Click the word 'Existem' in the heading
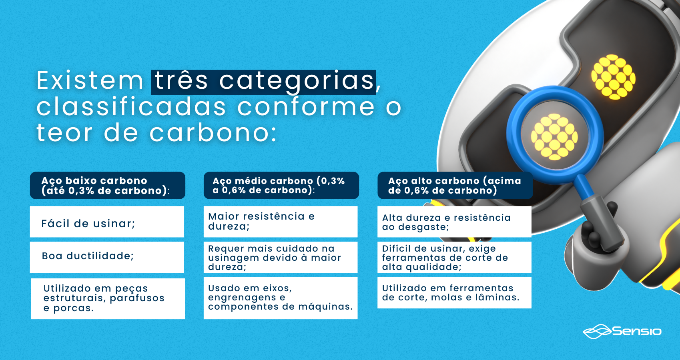tap(90, 81)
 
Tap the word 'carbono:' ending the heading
tap(213, 133)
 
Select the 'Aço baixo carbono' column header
tap(108, 186)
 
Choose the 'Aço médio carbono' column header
tap(281, 186)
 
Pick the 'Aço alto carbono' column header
tap(455, 186)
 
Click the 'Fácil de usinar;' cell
tap(107, 222)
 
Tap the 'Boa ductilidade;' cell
tap(107, 257)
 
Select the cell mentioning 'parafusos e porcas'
tap(108, 299)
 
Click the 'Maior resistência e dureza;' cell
tap(281, 222)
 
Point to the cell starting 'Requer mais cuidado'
tap(281, 257)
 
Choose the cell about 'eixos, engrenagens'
tap(281, 298)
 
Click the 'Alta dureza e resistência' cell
tap(454, 222)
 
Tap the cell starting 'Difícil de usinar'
tap(454, 257)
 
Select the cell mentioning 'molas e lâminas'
tap(454, 293)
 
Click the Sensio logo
tap(622, 331)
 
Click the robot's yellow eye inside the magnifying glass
tap(554, 137)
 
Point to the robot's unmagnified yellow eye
tap(614, 77)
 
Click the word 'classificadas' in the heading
tap(131, 107)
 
